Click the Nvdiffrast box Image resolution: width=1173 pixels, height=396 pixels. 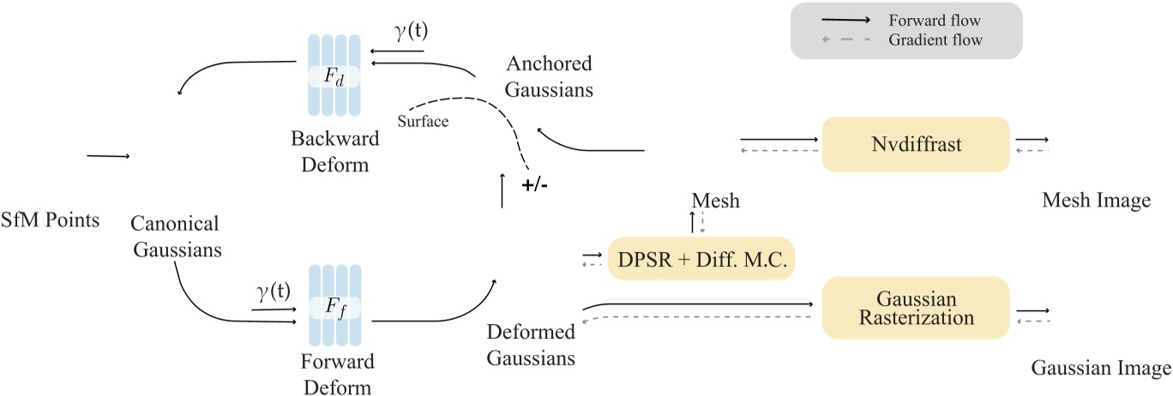pyautogui.click(x=914, y=144)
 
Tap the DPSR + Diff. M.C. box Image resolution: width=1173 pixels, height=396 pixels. pyautogui.click(x=701, y=258)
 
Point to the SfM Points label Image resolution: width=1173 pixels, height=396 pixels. pyautogui.click(x=50, y=220)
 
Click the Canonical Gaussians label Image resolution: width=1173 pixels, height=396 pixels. pyautogui.click(x=175, y=237)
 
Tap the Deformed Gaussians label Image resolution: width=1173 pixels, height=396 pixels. pyautogui.click(x=531, y=345)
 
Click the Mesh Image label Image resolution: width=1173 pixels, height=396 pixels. pyautogui.click(x=1095, y=200)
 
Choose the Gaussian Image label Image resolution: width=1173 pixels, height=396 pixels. pyautogui.click(x=1100, y=369)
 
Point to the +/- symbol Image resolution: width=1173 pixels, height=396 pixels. pyautogui.click(x=536, y=185)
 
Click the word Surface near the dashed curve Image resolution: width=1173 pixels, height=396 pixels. pyautogui.click(x=423, y=122)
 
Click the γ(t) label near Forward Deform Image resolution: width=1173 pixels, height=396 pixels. pyautogui.click(x=274, y=293)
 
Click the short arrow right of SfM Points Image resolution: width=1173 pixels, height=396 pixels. pyautogui.click(x=107, y=156)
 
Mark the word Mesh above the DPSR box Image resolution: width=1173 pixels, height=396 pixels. pyautogui.click(x=714, y=201)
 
